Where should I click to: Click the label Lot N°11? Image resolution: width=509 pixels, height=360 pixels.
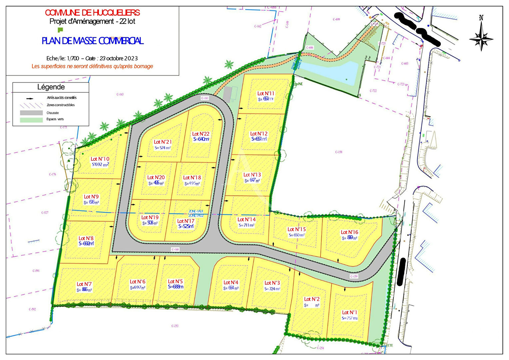coord(265,94)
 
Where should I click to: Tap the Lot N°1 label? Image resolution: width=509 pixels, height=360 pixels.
coord(349,313)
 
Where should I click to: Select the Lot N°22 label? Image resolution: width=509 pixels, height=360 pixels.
coord(201,134)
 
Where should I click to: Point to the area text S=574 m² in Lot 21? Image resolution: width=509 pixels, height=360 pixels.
coord(163,148)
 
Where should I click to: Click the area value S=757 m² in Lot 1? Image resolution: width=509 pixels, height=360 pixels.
coord(349,318)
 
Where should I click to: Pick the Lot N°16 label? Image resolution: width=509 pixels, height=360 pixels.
coord(349,232)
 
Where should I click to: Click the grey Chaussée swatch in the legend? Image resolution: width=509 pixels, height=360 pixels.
coord(31,113)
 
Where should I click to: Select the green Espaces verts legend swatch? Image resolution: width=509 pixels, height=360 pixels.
coord(31,120)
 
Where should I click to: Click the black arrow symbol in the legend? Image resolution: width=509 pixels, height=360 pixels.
coord(30,99)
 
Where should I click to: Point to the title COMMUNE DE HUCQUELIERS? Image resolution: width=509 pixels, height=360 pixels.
coord(92,13)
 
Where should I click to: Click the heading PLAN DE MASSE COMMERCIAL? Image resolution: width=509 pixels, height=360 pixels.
coord(92,41)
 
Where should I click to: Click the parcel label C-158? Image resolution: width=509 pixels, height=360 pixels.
coord(338,152)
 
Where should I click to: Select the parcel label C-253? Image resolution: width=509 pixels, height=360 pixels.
coord(175,326)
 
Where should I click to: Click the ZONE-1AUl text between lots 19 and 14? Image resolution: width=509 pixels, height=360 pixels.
coord(196,211)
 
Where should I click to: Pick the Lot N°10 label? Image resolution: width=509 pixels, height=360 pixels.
coord(100,159)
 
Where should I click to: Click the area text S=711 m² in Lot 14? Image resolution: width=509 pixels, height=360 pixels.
coord(247,225)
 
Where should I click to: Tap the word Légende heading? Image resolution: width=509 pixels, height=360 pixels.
coord(51,87)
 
